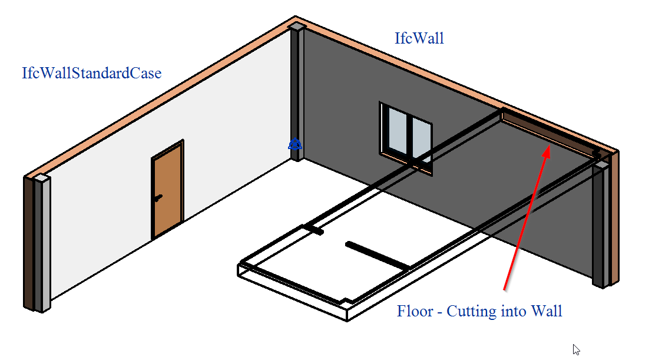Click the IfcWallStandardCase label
(x=91, y=73)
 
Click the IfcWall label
(x=419, y=38)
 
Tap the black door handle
(x=158, y=198)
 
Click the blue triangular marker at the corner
(x=295, y=144)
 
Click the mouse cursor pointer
(x=576, y=349)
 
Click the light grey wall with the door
(x=166, y=167)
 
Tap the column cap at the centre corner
(x=296, y=27)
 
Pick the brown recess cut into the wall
(x=548, y=133)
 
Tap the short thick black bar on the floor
(x=378, y=255)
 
